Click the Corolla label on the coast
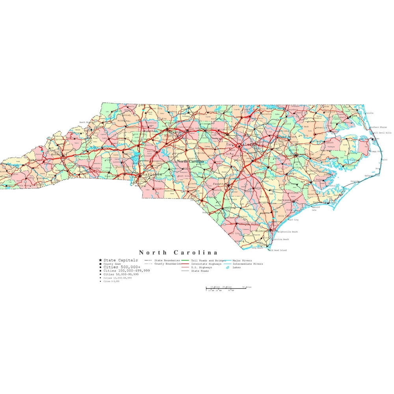point(369,113)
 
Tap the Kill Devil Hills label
point(382,133)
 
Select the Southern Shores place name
point(378,127)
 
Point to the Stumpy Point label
point(377,151)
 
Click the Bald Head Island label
point(278,250)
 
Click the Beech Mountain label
point(87,123)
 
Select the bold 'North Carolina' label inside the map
point(190,161)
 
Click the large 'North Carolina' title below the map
point(178,253)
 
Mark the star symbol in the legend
point(100,260)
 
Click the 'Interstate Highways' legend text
point(206,264)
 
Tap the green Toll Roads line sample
point(186,260)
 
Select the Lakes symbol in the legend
point(228,268)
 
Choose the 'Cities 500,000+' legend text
point(119,268)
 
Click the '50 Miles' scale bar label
point(247,287)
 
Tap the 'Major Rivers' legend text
point(242,260)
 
